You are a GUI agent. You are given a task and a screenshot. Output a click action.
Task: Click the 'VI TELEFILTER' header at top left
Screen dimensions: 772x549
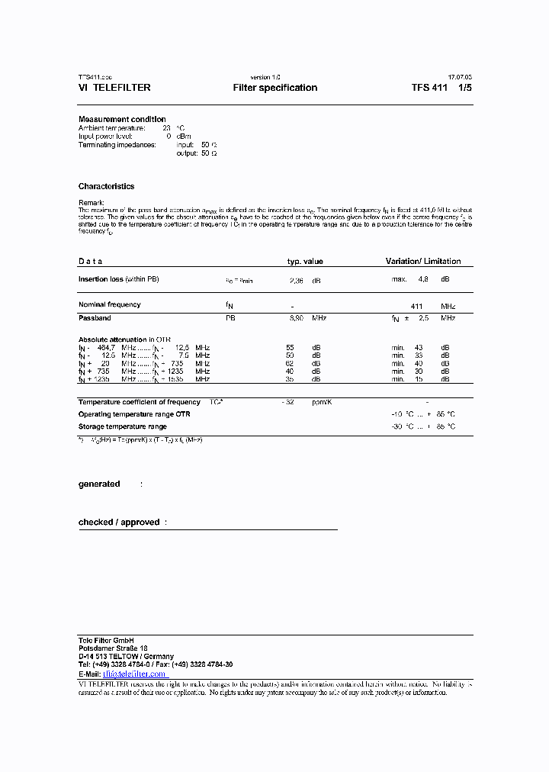(114, 88)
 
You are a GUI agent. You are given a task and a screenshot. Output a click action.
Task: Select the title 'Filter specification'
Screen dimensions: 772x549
(274, 88)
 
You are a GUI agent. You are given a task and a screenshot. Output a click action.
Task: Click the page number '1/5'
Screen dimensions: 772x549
(464, 88)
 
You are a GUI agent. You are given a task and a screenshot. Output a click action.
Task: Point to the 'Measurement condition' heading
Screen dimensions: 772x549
(122, 119)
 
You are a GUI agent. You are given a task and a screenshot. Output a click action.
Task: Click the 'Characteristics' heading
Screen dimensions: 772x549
(106, 186)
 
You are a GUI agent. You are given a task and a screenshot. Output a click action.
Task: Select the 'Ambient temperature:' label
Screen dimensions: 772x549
(111, 128)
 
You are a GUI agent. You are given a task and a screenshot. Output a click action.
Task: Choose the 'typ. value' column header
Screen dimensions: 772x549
(304, 262)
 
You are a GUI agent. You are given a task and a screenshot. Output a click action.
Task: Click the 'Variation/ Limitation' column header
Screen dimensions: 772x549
(422, 262)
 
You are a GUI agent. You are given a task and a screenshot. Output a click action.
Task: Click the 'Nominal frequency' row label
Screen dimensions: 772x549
(109, 305)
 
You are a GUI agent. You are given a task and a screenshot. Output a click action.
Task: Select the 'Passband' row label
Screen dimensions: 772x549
(95, 317)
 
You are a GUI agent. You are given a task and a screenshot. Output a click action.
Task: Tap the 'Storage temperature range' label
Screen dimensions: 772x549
(122, 426)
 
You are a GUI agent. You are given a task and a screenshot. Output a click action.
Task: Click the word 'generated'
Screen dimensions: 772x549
(99, 484)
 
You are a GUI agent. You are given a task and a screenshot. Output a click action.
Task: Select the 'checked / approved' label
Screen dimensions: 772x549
(119, 523)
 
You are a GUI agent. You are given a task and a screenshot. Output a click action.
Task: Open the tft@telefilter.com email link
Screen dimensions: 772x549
(134, 674)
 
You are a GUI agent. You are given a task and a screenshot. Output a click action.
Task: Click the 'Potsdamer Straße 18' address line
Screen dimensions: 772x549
(113, 648)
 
